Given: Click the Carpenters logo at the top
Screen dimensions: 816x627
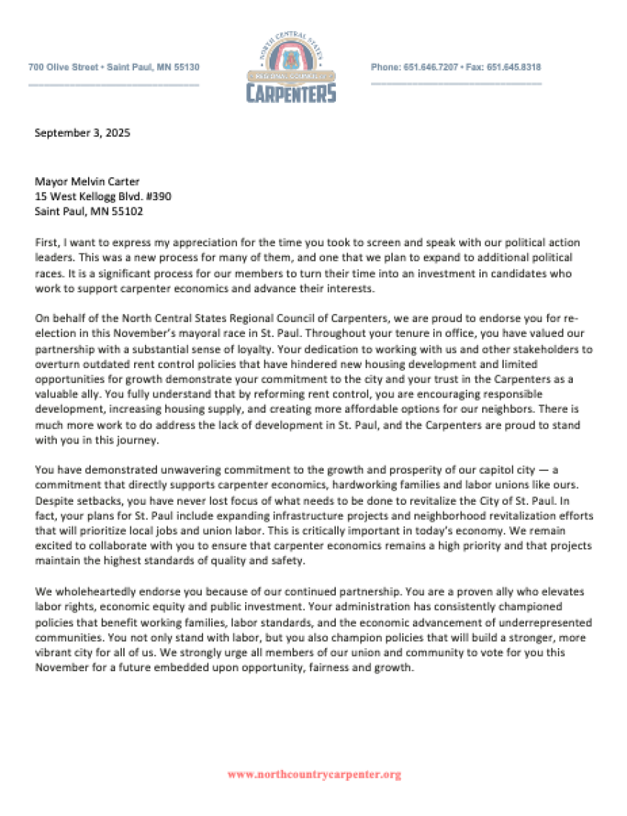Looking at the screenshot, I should [290, 67].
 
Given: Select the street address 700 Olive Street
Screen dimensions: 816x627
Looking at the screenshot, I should [63, 67].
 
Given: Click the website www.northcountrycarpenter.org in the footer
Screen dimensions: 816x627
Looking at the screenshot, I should [313, 775].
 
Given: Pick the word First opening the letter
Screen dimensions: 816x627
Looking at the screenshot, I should [45, 243].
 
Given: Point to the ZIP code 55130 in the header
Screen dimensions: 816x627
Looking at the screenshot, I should [184, 67].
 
